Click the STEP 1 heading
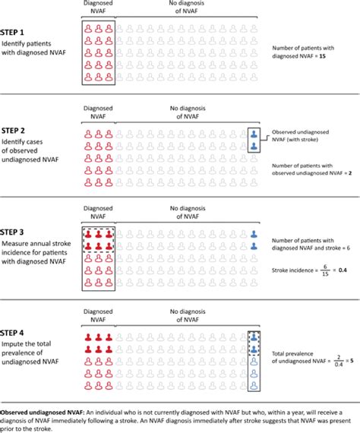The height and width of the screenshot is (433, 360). (x=16, y=33)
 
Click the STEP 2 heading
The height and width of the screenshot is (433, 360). (x=16, y=130)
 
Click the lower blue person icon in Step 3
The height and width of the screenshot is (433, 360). (x=254, y=247)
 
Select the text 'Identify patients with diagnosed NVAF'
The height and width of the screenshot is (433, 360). (x=35, y=51)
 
